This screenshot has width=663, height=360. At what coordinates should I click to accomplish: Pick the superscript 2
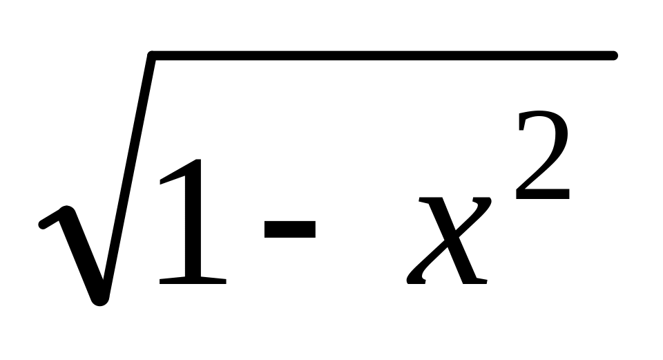click(x=543, y=157)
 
